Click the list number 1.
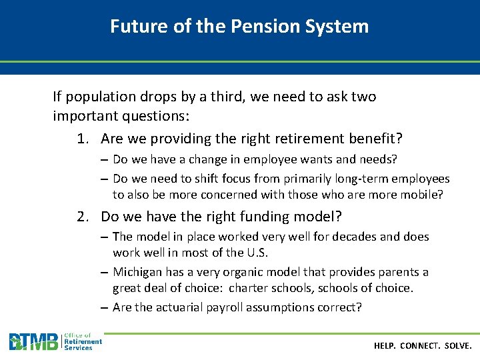82,139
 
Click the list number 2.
82,217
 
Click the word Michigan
137,272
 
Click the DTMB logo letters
33,342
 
